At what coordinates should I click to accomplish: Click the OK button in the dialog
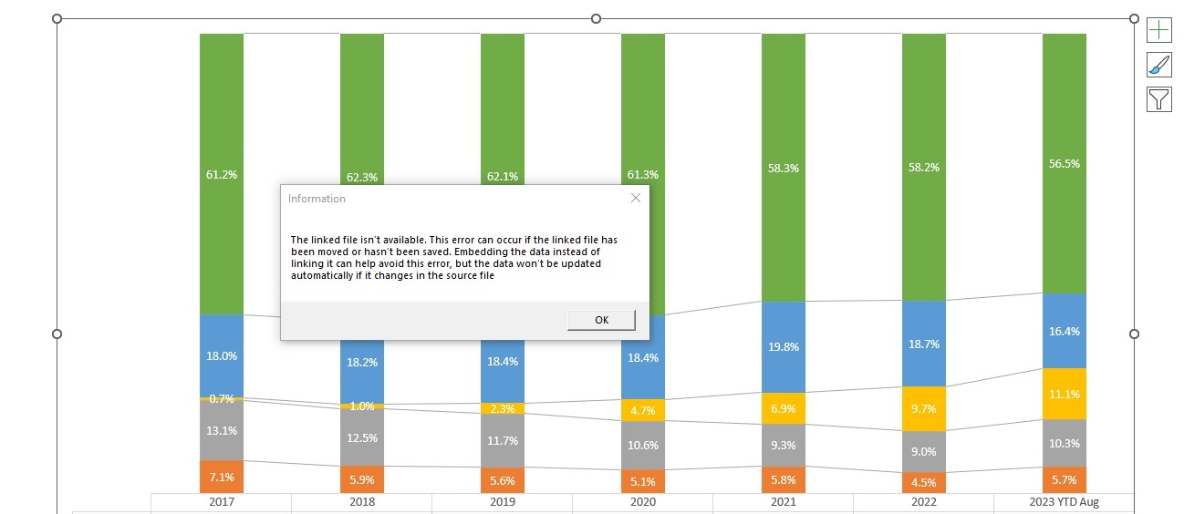601,320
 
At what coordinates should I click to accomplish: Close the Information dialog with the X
636,198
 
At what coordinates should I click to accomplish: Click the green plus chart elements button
1158,30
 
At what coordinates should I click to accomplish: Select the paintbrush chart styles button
1158,65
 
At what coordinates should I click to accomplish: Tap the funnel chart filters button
1158,98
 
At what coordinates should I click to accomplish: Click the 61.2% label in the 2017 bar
222,174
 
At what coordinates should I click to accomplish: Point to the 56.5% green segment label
1065,164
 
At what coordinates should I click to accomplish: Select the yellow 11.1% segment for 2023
1065,395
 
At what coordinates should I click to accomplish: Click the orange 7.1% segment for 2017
222,477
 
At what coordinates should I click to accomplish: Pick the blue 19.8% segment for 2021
784,346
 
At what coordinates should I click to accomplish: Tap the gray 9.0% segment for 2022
924,451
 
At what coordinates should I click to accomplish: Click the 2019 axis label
503,502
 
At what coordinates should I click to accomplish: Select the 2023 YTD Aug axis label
1064,502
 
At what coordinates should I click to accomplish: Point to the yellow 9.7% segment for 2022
924,409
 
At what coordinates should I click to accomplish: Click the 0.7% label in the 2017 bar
222,399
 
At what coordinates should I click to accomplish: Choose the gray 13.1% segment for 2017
222,430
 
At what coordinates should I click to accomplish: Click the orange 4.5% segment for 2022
924,482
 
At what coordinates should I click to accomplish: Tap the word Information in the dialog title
317,199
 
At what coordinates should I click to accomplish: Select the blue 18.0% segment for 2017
222,356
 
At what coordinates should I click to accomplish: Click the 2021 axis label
784,502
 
